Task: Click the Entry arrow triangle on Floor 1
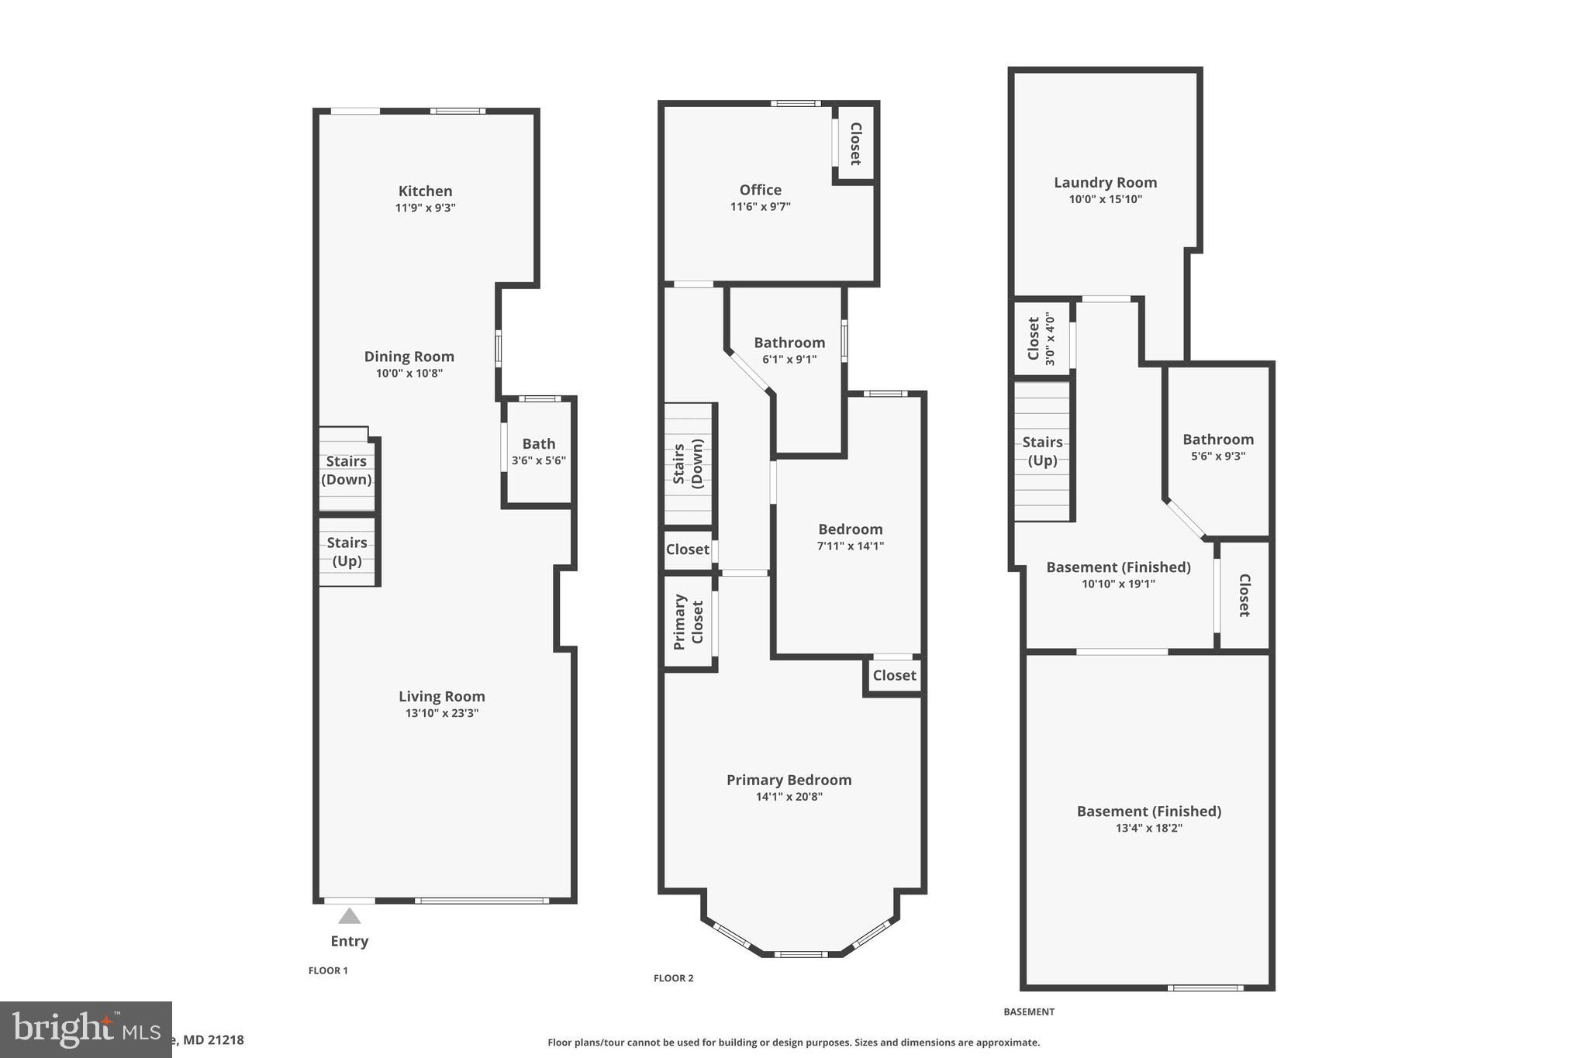coord(350,916)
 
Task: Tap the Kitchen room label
coord(425,191)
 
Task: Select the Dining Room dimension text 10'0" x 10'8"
coord(409,373)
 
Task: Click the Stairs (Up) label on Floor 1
coord(347,551)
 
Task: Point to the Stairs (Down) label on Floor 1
coord(346,470)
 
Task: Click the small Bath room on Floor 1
coord(538,451)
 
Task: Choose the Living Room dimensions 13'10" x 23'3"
coord(441,713)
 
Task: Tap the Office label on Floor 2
coord(760,190)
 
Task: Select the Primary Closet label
coord(688,622)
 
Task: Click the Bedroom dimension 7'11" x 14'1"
coord(850,546)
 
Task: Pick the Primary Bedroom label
coord(789,780)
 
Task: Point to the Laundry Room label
coord(1105,182)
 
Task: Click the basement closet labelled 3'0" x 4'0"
coord(1041,339)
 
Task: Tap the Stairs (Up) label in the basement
coord(1042,451)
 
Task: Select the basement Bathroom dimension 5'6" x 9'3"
coord(1217,457)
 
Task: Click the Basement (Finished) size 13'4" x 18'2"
coord(1148,828)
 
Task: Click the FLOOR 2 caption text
coord(673,978)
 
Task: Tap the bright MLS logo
coord(85,1029)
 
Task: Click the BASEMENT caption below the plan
coord(1029,1011)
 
